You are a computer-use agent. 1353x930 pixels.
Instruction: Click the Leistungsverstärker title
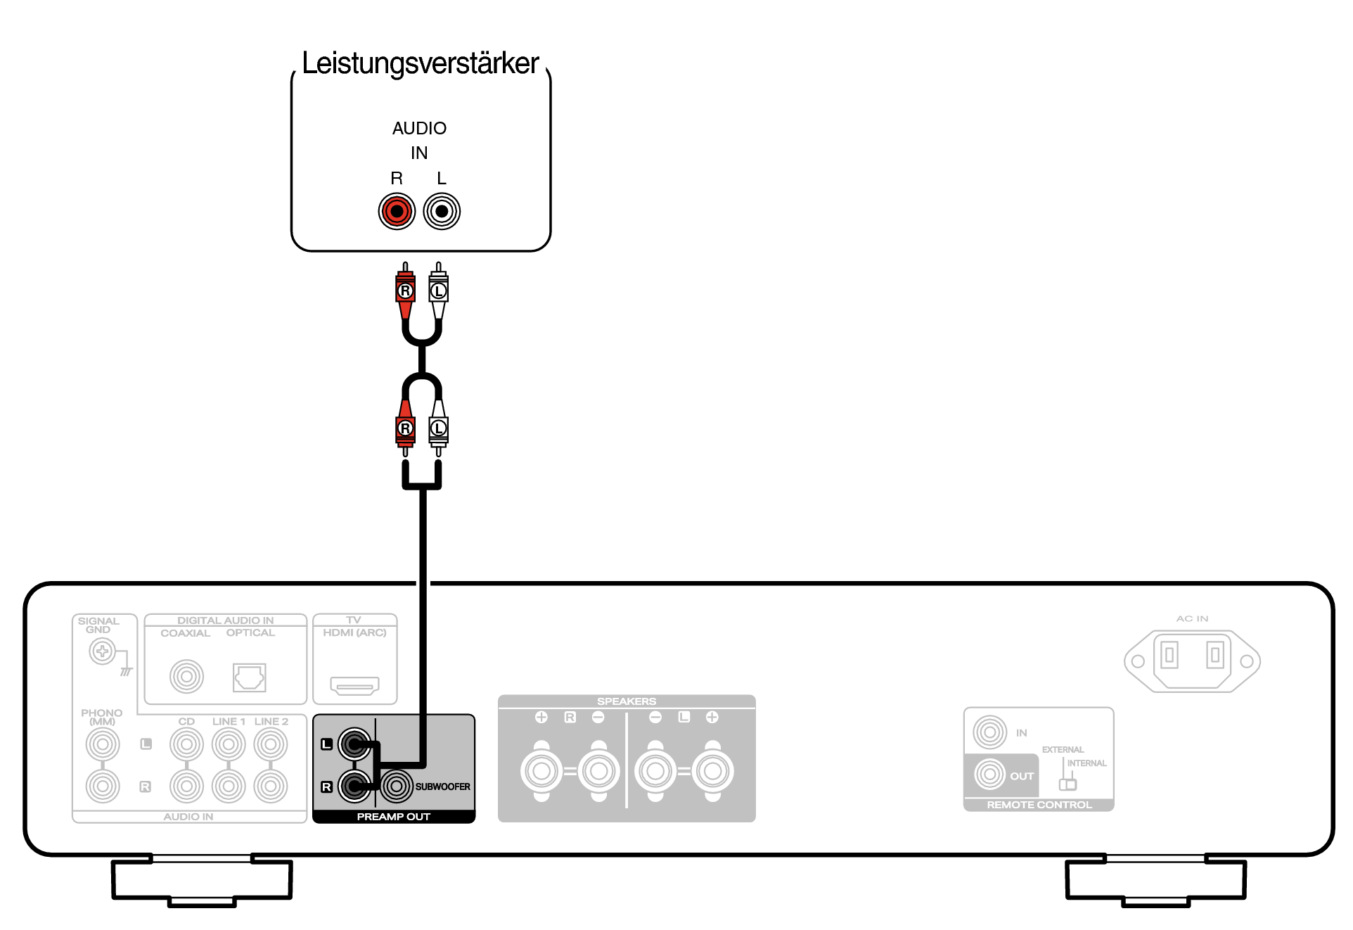[420, 63]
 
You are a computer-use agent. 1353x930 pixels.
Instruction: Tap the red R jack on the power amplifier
[397, 211]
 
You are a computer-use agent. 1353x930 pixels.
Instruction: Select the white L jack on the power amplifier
[442, 211]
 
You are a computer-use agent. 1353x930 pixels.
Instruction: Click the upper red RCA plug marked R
[405, 291]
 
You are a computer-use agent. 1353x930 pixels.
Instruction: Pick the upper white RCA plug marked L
[439, 291]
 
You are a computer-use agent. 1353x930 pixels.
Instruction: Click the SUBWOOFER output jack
[397, 786]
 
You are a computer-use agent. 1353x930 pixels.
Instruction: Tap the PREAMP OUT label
[393, 817]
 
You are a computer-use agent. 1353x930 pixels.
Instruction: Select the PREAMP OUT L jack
[354, 744]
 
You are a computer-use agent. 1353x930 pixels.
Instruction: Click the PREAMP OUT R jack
[354, 786]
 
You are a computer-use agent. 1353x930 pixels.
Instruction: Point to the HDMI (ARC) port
[355, 685]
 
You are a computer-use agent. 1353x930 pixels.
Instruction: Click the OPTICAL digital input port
[250, 677]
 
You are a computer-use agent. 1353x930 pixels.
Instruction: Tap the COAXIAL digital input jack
[186, 677]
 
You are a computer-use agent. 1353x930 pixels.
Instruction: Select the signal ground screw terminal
[103, 651]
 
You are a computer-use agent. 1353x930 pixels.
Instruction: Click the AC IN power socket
[1192, 661]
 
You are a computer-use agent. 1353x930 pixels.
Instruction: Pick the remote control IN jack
[990, 732]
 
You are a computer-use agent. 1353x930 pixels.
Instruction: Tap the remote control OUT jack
[990, 775]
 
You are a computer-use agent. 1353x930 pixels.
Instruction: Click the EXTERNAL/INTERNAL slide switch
[1068, 784]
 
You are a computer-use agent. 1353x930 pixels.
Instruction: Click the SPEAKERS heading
[627, 701]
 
